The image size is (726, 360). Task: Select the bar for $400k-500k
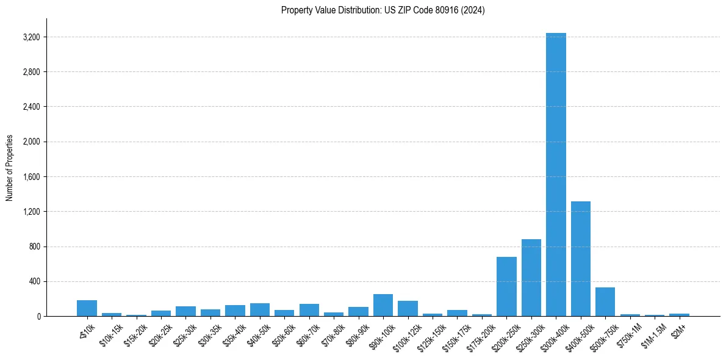pos(580,259)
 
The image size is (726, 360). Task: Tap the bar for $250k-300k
pos(531,278)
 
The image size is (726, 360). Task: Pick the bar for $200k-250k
pos(506,287)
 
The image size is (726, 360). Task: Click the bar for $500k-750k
pos(605,302)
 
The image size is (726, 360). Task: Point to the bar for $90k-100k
pos(383,306)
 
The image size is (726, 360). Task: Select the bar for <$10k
pos(87,309)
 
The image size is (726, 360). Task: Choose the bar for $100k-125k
pos(408,309)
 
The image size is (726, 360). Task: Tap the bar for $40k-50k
pos(260,310)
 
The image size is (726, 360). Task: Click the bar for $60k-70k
pos(309,310)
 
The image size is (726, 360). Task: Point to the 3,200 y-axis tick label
pos(31,37)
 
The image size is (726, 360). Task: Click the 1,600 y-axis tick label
pos(31,177)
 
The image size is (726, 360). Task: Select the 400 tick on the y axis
pos(34,282)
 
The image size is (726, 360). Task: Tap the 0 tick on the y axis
pos(38,317)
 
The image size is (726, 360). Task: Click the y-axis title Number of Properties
pos(10,168)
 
